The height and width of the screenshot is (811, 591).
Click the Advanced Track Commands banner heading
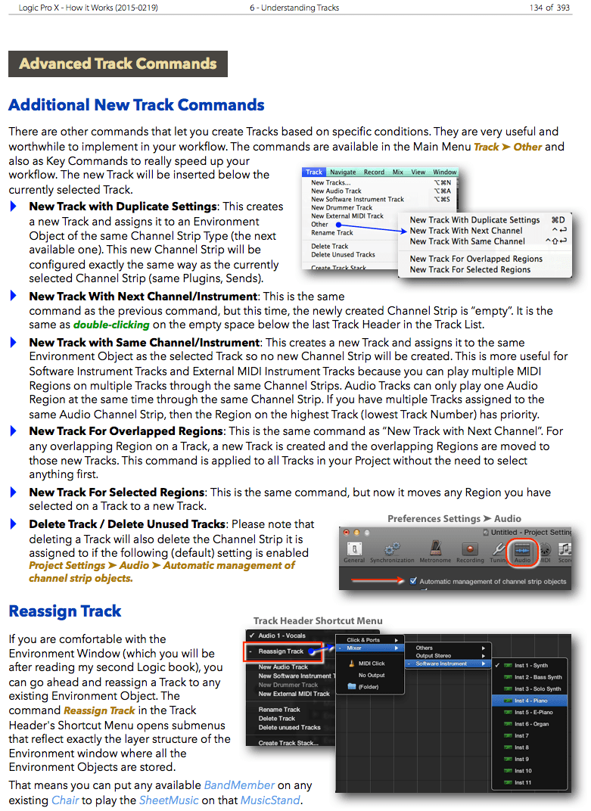pos(118,64)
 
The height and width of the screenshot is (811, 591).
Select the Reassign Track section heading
pos(65,611)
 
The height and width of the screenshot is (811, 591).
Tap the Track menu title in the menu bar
pos(315,172)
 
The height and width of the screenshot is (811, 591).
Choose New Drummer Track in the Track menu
pos(341,207)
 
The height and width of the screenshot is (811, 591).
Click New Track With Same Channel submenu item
pos(467,241)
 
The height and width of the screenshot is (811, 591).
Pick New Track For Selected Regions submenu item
pos(470,269)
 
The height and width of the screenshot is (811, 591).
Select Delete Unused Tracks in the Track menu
pos(343,255)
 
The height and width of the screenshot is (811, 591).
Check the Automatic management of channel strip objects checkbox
pos(412,582)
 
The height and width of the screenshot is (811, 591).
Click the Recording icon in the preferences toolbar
pos(470,551)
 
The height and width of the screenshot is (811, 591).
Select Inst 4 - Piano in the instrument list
pos(531,701)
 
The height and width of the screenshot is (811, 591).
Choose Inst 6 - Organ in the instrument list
pos(531,724)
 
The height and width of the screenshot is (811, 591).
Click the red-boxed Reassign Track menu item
pos(281,651)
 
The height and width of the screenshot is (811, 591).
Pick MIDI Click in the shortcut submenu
pos(371,663)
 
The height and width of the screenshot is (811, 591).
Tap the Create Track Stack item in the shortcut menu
pos(288,743)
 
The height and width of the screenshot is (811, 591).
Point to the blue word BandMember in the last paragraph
pos(239,785)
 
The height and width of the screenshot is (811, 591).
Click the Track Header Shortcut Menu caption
pos(318,621)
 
